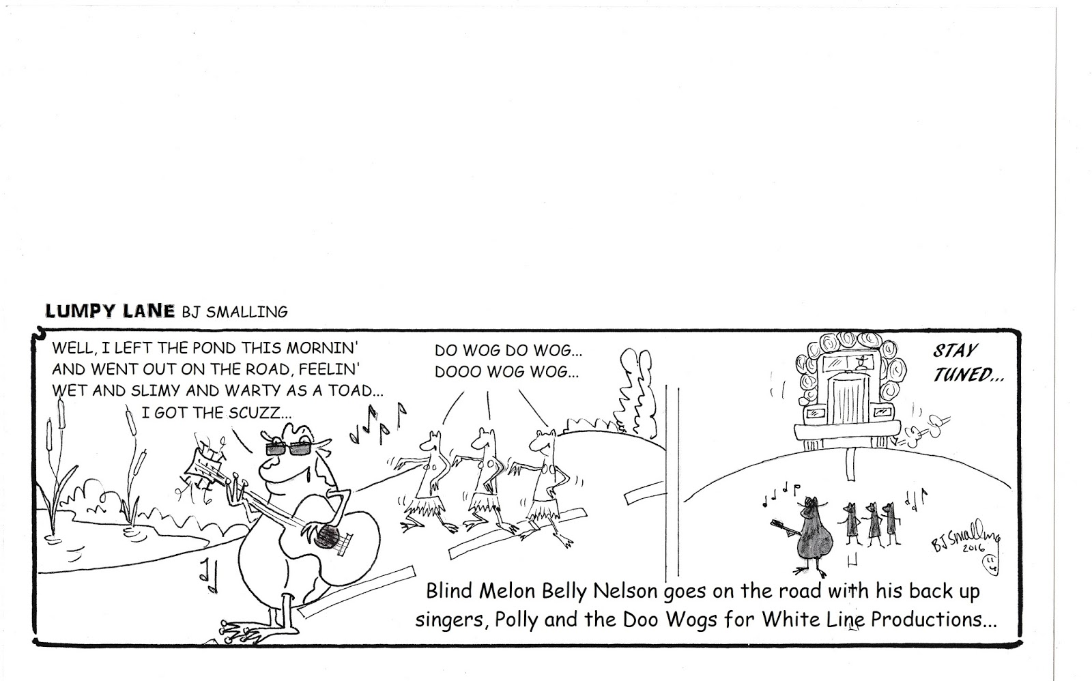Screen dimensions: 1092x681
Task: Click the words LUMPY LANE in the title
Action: (x=110, y=311)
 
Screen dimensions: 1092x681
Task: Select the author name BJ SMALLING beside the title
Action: (x=235, y=312)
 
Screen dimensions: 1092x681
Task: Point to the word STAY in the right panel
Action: (x=955, y=351)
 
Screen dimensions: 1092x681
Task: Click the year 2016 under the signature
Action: (x=975, y=549)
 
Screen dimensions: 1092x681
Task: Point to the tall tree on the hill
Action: (x=635, y=390)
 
